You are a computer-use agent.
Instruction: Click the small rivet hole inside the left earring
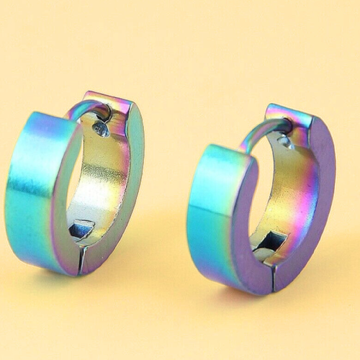(x=101, y=130)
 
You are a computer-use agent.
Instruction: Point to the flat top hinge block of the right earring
(x=288, y=115)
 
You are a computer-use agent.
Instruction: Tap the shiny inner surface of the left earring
(x=101, y=180)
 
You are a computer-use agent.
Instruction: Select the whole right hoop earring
(x=259, y=198)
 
